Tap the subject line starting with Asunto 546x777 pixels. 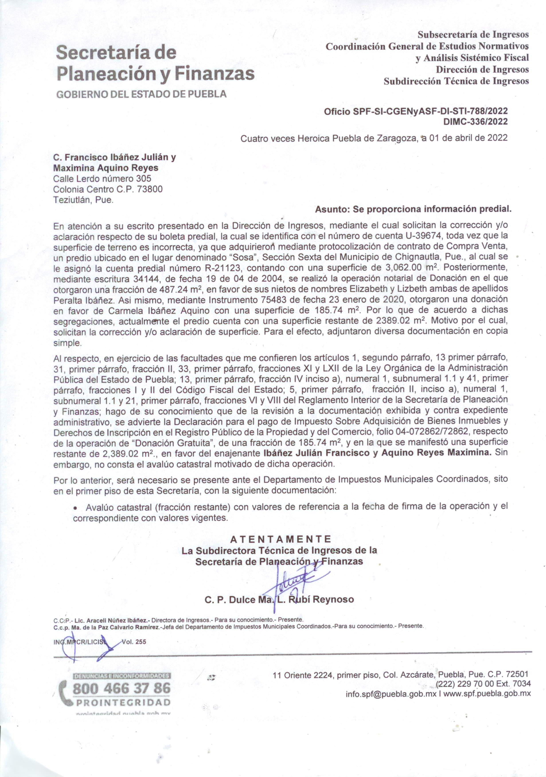coord(413,209)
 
